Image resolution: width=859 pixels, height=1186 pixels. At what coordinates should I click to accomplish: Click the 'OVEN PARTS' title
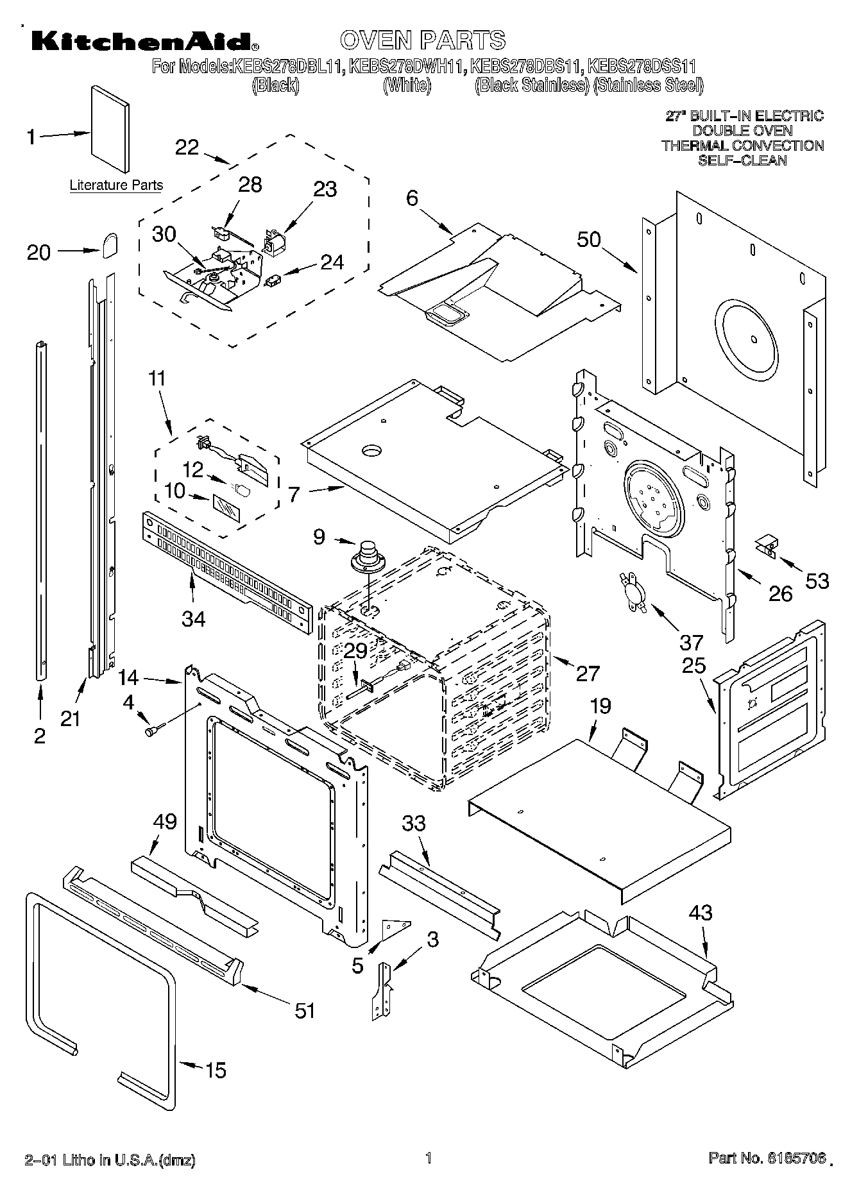pyautogui.click(x=423, y=40)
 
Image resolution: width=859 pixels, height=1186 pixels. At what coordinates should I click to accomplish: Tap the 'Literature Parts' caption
pyautogui.click(x=116, y=185)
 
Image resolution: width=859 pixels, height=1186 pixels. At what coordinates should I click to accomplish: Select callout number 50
pyautogui.click(x=589, y=239)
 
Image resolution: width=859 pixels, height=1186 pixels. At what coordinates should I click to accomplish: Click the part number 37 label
pyautogui.click(x=691, y=641)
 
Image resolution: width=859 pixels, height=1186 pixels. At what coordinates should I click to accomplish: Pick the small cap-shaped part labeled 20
pyautogui.click(x=110, y=244)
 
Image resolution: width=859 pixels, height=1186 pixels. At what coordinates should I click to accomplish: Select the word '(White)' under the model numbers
pyautogui.click(x=407, y=85)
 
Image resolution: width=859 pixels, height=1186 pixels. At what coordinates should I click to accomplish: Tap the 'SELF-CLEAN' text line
pyautogui.click(x=742, y=160)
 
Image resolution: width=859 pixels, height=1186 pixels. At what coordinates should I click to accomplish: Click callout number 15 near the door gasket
pyautogui.click(x=216, y=1070)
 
